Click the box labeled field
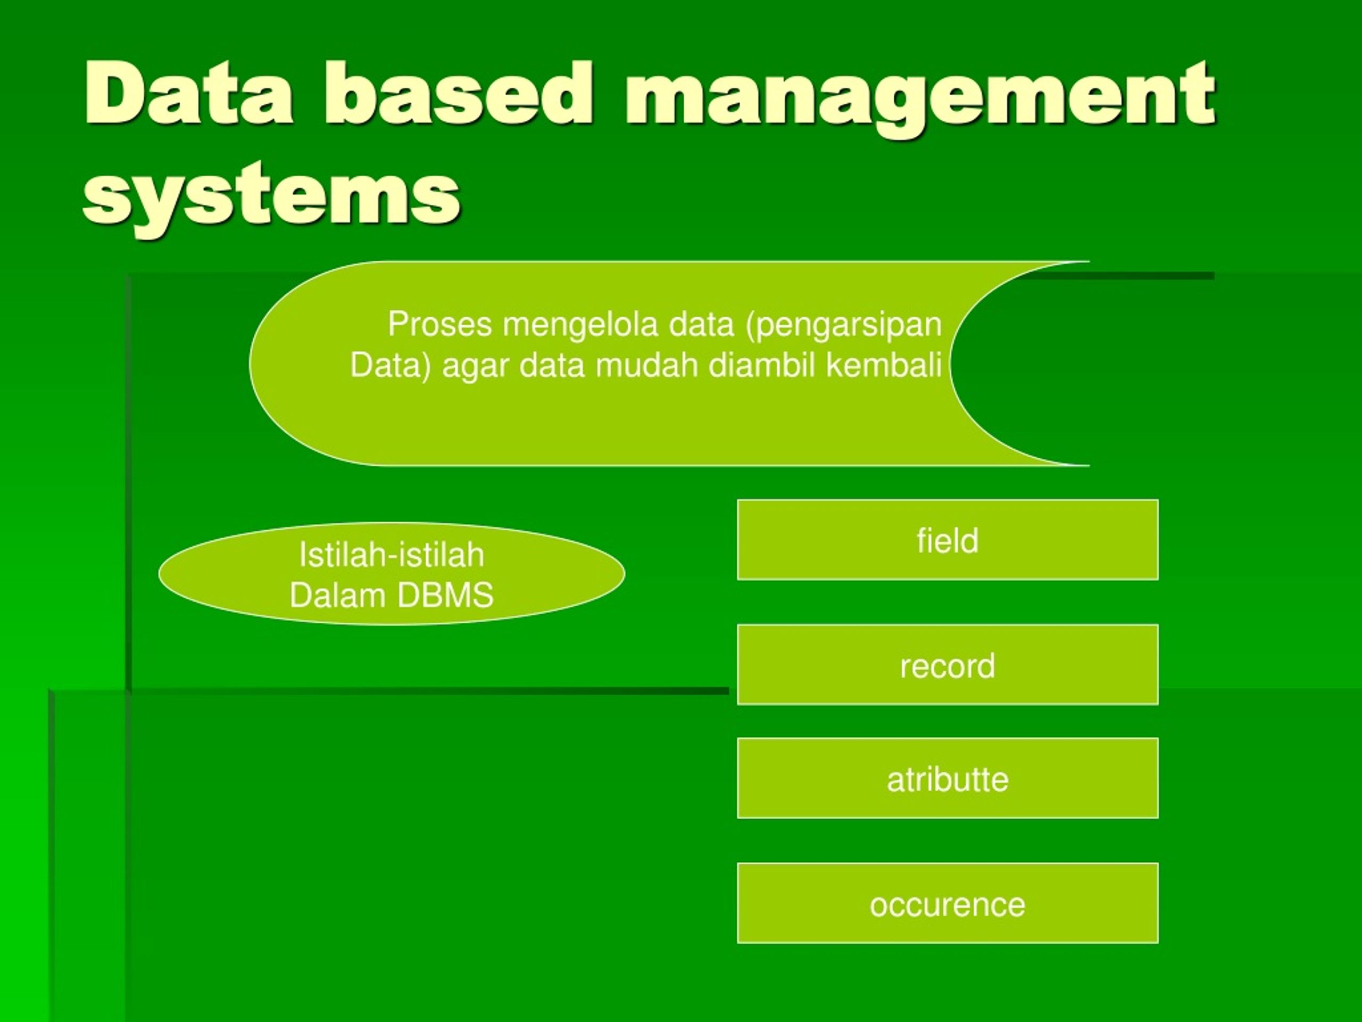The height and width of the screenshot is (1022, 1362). pos(948,540)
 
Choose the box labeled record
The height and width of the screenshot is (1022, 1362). pos(948,665)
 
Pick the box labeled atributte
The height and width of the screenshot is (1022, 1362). pos(948,778)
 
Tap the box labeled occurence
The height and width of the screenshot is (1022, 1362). pos(948,903)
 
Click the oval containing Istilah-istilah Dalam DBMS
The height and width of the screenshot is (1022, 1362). pos(392,574)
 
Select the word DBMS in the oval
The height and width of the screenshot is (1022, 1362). pos(445,596)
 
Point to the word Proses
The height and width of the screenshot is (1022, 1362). pos(439,324)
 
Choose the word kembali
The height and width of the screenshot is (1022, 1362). pos(884,365)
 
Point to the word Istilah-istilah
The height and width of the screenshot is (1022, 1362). pos(392,555)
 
